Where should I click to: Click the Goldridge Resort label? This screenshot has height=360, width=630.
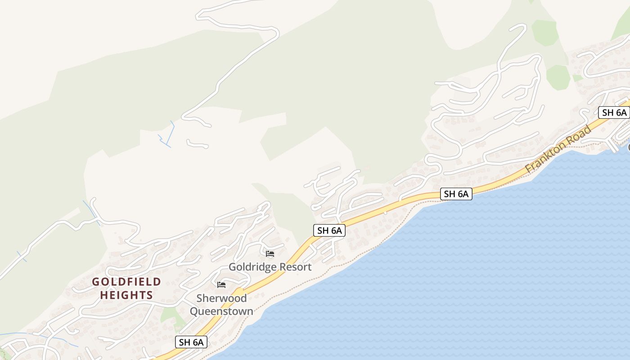(270, 267)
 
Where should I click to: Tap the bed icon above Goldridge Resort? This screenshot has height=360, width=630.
(270, 254)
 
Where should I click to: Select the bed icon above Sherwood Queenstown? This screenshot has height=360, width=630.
(221, 285)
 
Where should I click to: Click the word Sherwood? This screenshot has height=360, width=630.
(221, 298)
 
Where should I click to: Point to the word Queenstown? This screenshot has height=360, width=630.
(221, 311)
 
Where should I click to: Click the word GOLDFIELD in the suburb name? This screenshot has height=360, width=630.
(126, 282)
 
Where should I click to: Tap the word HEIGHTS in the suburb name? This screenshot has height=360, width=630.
(126, 295)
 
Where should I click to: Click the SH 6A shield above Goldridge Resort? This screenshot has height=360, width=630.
(329, 231)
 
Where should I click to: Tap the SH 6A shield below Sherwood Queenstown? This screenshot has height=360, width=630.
(191, 342)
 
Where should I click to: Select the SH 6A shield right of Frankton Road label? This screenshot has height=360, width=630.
(614, 112)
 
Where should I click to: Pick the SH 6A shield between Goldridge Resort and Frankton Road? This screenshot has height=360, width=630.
(456, 194)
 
